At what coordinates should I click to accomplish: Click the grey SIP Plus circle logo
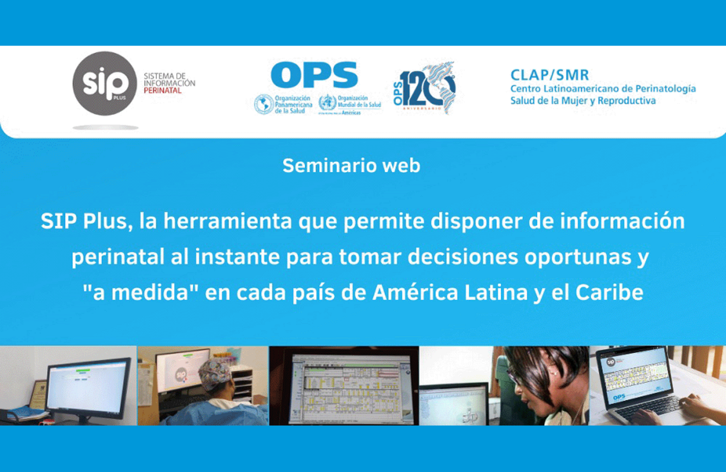click(x=105, y=83)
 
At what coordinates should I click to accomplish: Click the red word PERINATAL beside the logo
click(x=163, y=91)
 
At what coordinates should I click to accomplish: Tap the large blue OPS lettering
click(x=314, y=75)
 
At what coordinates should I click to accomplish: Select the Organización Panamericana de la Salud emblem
click(x=264, y=104)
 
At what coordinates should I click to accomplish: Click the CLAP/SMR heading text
click(x=550, y=75)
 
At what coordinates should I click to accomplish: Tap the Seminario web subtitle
click(x=351, y=165)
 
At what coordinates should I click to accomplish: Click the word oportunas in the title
click(x=577, y=257)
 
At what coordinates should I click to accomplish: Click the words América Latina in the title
click(x=450, y=293)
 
